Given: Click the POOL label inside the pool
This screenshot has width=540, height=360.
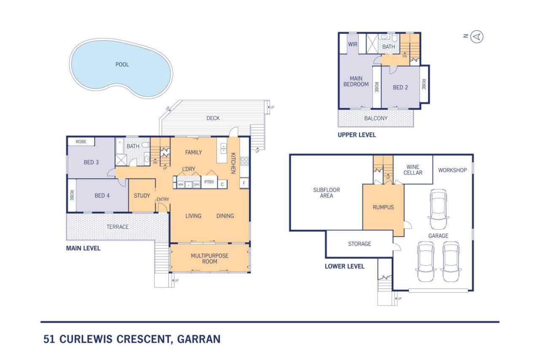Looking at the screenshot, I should [122, 65].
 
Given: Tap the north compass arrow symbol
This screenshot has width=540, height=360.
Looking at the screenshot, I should [477, 37].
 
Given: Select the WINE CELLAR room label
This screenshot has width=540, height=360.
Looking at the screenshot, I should [413, 170].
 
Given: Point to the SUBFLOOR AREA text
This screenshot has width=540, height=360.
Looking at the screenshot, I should [327, 193].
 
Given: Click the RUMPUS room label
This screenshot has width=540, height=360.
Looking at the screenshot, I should [383, 207].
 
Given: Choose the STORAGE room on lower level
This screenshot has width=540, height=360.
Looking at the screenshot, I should [359, 244].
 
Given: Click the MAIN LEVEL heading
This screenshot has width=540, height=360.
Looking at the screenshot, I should [83, 249].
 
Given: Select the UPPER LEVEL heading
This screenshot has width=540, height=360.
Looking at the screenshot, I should [356, 135].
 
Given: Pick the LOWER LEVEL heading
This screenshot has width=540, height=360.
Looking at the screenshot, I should [344, 266].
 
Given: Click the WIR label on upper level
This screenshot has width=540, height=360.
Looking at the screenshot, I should [353, 44].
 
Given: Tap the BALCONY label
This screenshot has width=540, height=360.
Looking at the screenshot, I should [375, 119].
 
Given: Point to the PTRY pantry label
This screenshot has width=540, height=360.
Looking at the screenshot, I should [209, 183].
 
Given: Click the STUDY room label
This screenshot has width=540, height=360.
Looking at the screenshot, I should [142, 196].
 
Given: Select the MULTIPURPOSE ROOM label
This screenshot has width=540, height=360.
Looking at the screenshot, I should [210, 259].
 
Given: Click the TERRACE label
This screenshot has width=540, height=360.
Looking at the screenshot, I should [117, 227].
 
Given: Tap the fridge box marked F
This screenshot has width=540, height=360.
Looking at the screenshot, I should [243, 184].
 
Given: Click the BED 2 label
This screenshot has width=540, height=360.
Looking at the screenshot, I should [400, 88].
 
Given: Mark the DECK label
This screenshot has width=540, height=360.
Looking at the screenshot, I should [213, 118].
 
